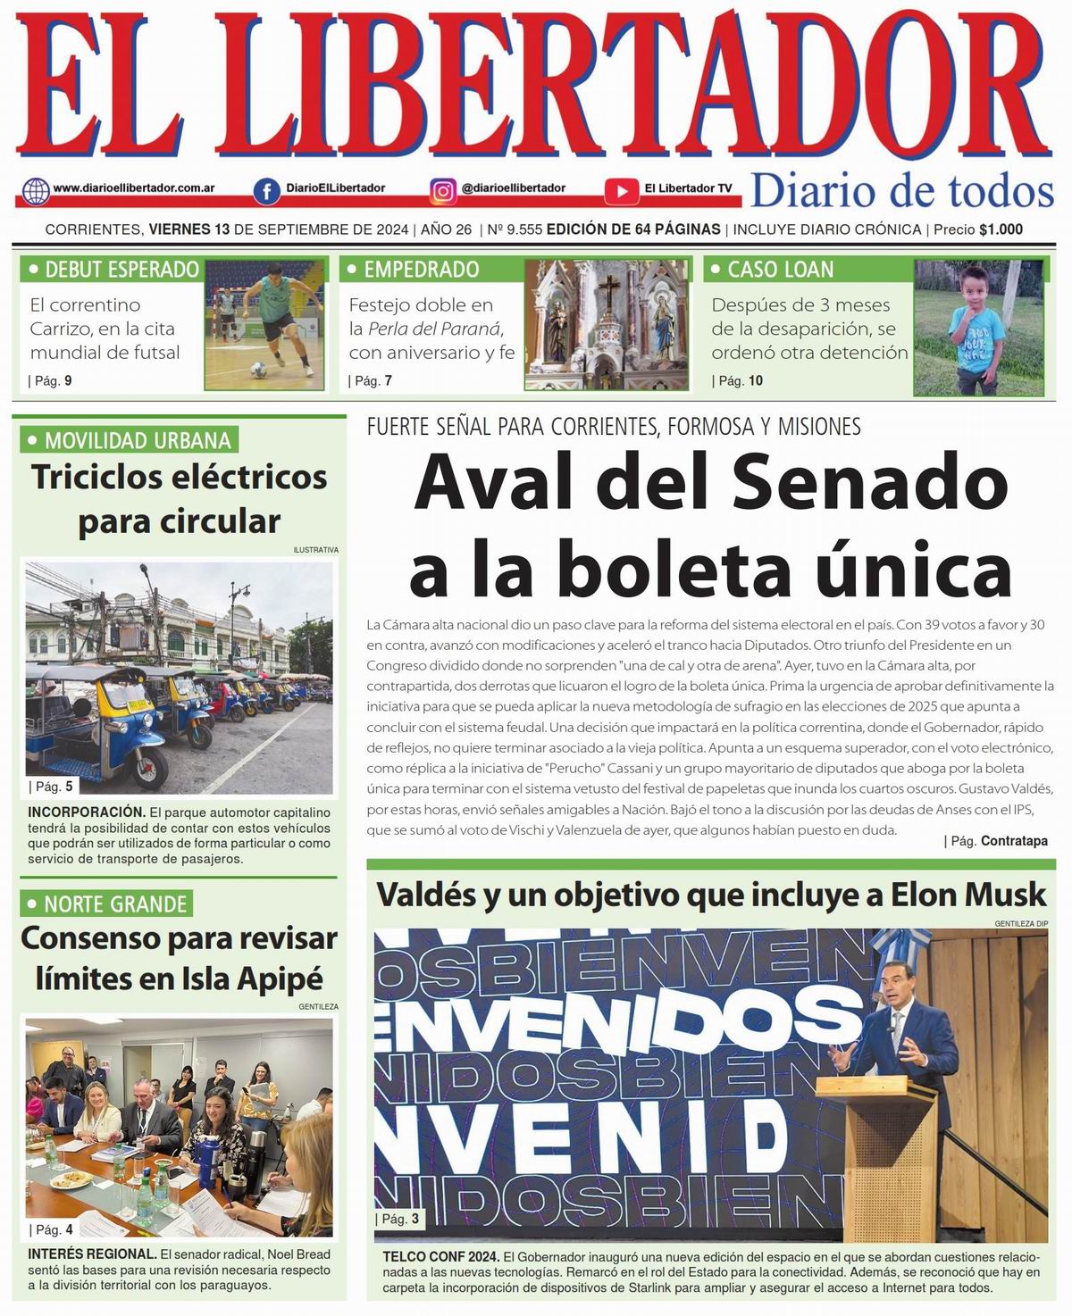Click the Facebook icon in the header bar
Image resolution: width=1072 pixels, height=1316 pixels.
point(266,190)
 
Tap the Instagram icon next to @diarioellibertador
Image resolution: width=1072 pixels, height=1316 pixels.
point(443,190)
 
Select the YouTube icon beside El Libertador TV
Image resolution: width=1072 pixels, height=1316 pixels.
point(621,190)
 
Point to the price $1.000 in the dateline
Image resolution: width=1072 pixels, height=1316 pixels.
point(1001,229)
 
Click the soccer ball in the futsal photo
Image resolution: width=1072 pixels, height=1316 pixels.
point(258,367)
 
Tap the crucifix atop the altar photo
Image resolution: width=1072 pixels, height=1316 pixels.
point(608,289)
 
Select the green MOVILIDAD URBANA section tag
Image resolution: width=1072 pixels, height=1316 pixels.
point(129,439)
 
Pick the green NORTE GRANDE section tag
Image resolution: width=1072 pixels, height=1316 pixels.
point(106,904)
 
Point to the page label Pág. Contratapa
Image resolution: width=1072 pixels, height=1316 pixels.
point(1013,841)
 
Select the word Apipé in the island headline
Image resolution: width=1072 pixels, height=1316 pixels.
point(279,979)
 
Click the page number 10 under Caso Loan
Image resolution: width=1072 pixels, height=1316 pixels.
point(755,380)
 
